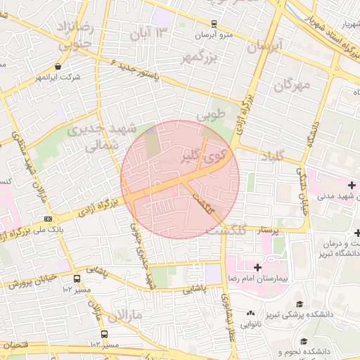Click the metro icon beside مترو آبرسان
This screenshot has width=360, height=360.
[213, 23]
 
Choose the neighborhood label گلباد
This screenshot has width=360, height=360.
[271, 156]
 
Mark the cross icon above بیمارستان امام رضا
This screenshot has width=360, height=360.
[258, 267]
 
